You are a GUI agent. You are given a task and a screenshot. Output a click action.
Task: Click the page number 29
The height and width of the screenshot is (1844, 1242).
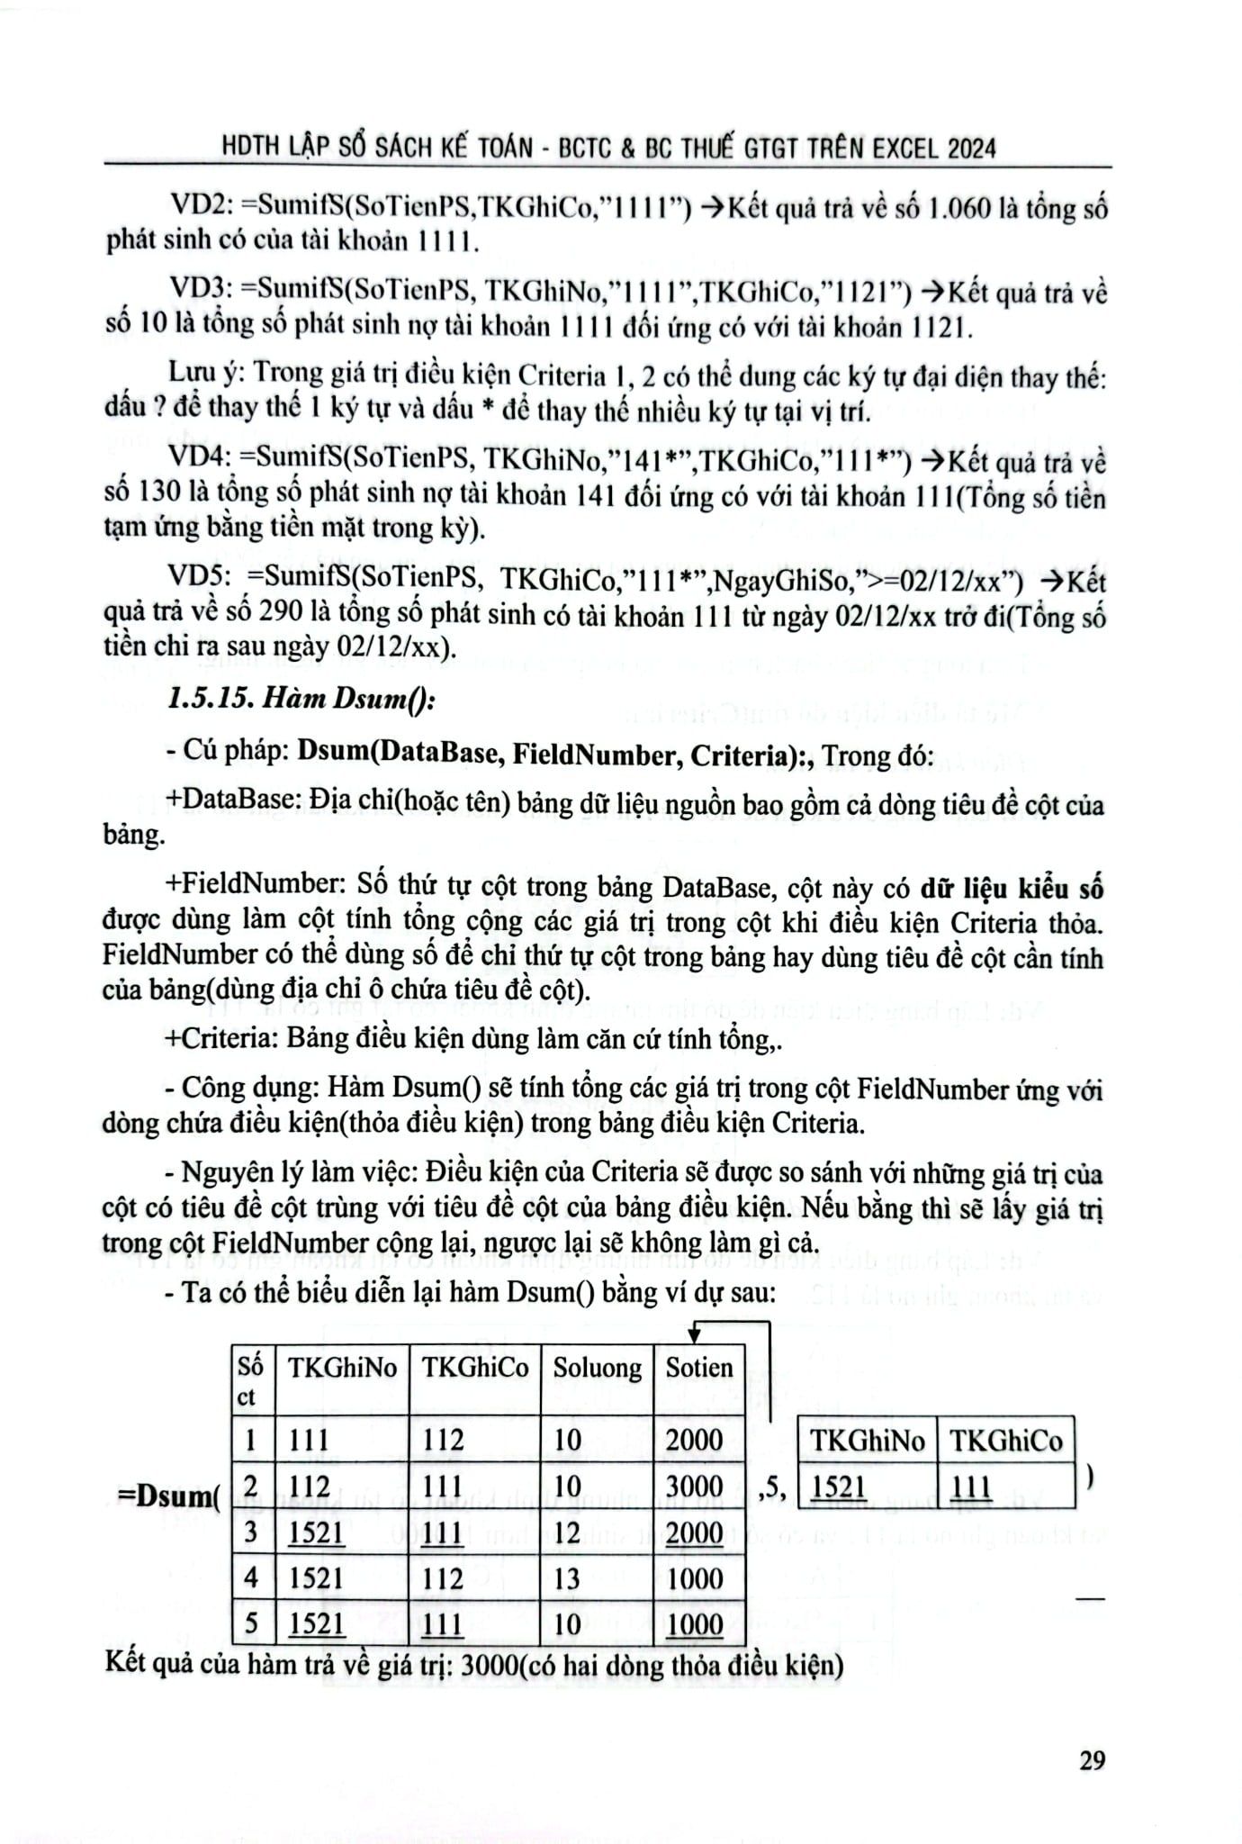1091,1759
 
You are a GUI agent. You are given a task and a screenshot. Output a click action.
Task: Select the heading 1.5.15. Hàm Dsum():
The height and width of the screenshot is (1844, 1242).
302,700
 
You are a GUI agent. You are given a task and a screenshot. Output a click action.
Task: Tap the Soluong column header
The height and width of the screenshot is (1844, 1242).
597,1369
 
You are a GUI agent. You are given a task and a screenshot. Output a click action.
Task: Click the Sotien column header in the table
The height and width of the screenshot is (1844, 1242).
699,1369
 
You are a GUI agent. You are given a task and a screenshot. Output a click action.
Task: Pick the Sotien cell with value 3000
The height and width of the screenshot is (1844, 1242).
694,1486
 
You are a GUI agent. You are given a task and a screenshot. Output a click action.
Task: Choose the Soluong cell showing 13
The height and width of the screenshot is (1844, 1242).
568,1578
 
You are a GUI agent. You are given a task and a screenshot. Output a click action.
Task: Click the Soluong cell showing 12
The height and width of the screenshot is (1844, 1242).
568,1532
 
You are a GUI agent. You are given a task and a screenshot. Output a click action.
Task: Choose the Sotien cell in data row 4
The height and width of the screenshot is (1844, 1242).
694,1578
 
